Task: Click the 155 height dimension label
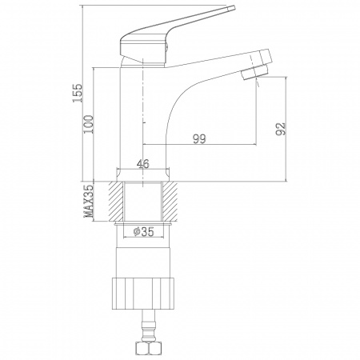pos(78,93)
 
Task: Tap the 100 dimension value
pos(89,124)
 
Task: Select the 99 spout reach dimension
pos(200,139)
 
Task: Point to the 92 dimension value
pos(281,129)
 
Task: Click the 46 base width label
pos(143,164)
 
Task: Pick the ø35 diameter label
pos(144,232)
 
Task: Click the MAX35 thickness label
pos(89,201)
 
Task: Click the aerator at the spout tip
pos(254,72)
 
